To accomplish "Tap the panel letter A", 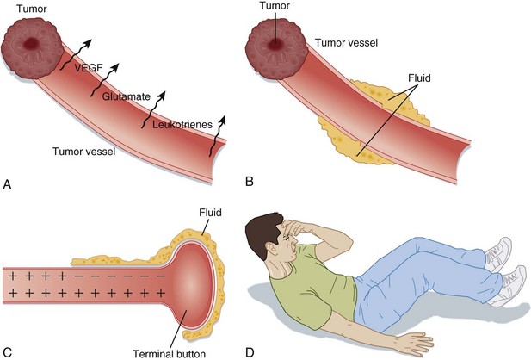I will pos(8,183).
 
